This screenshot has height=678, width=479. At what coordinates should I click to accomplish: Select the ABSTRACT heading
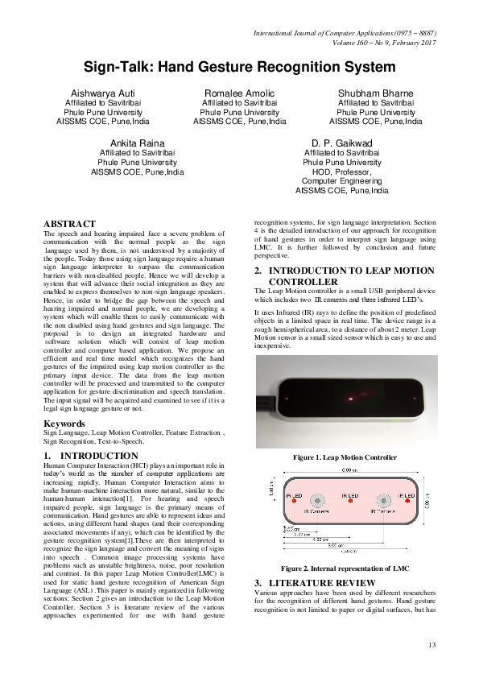click(x=70, y=223)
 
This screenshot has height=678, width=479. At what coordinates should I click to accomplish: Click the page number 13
click(x=432, y=644)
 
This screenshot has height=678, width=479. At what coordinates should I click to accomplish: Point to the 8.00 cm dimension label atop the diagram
click(x=350, y=469)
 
